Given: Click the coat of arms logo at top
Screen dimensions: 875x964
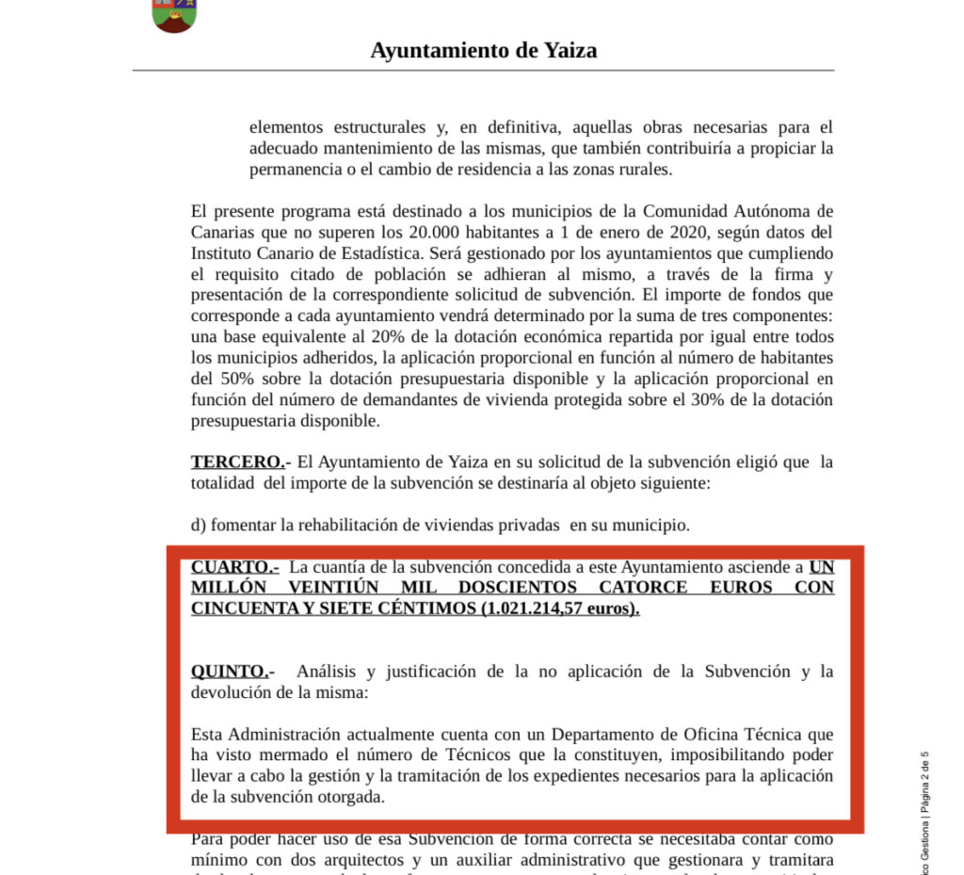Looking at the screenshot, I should tap(174, 15).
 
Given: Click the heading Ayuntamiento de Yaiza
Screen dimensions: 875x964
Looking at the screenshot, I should tap(483, 50).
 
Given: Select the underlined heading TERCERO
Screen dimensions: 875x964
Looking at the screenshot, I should tap(236, 462).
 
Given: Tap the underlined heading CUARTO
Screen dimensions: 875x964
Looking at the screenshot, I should tap(233, 567).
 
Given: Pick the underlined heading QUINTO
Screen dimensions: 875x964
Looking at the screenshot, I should tap(232, 672).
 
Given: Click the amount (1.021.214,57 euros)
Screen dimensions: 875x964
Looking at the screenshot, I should tap(560, 608).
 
